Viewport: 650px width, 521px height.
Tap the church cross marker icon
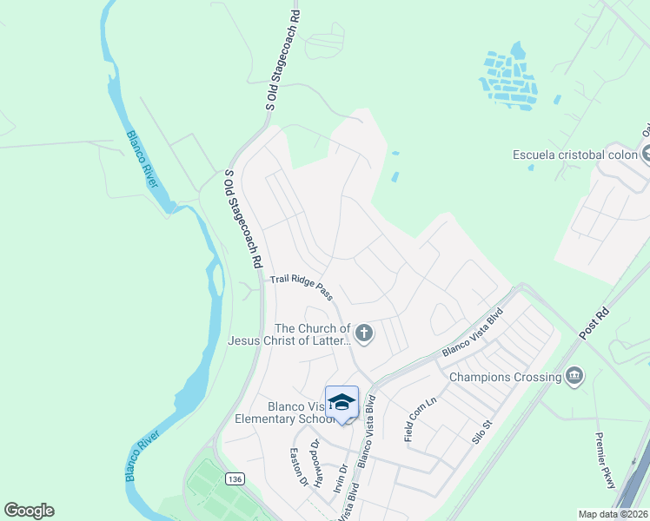coord(364,333)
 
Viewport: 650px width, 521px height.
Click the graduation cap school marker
coord(342,403)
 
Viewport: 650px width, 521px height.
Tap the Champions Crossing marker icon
coord(574,376)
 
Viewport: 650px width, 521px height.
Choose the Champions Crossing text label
coord(504,377)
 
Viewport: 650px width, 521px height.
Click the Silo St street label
coord(483,430)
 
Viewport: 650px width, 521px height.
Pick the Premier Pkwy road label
coord(605,460)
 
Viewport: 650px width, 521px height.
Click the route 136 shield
coord(233,479)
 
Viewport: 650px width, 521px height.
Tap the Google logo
coord(29,511)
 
